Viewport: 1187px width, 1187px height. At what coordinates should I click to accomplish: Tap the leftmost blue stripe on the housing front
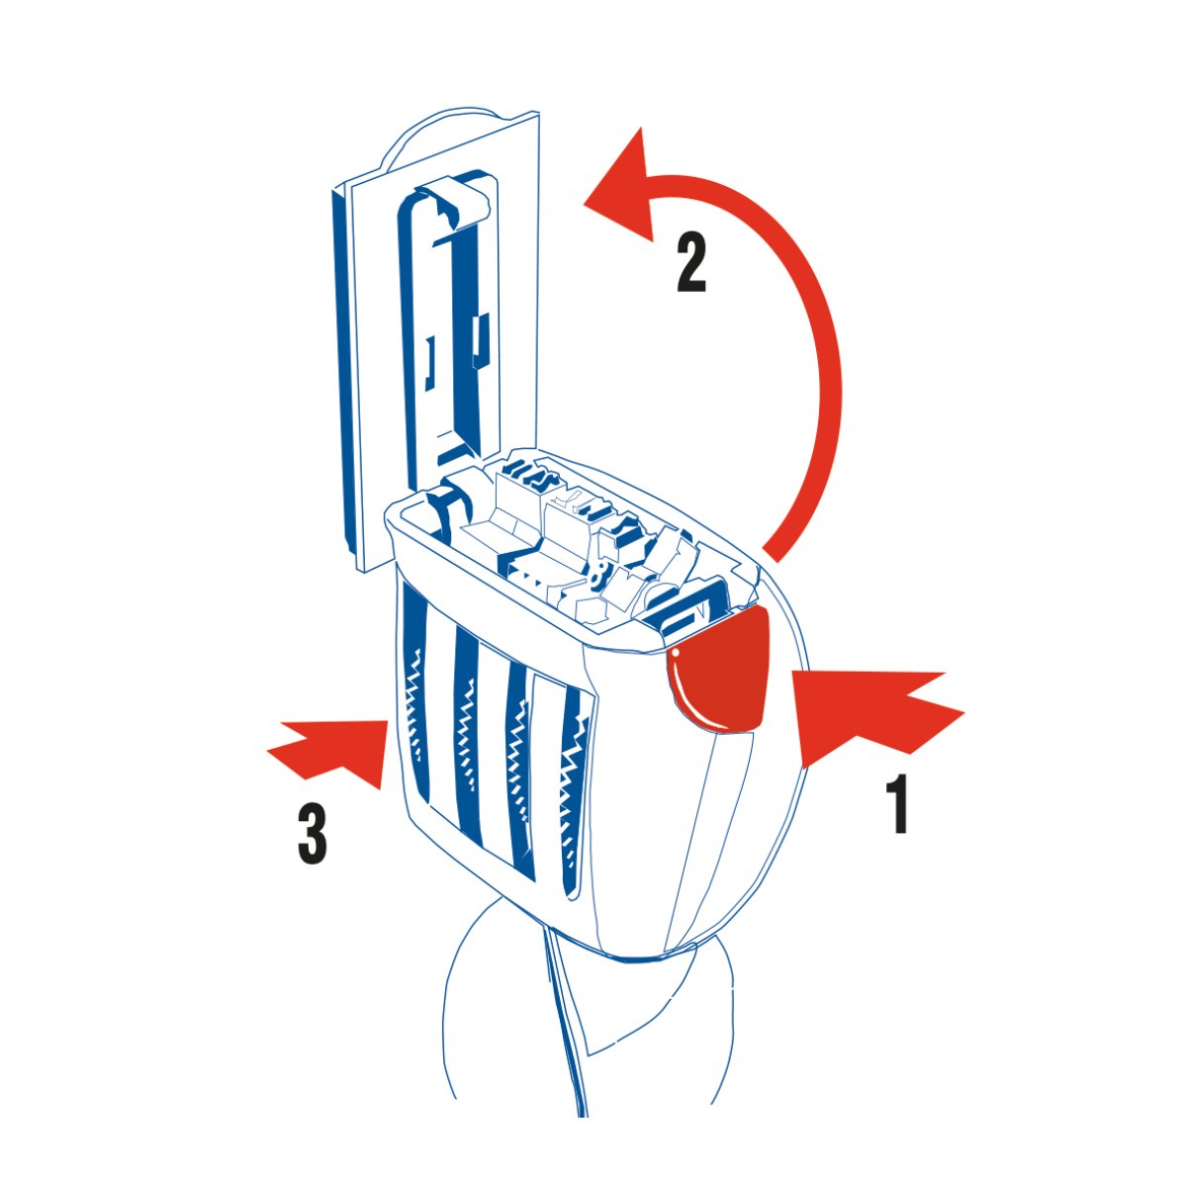tap(414, 696)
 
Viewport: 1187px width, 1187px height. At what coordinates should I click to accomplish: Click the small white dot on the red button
tap(676, 651)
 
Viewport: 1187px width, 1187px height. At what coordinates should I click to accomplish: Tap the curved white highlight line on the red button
tap(689, 696)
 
